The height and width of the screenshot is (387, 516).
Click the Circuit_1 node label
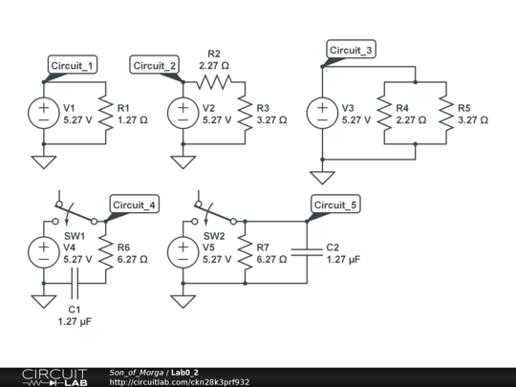(x=73, y=65)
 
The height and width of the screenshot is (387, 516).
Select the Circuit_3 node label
(x=350, y=51)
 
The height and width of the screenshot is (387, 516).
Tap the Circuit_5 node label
(x=336, y=204)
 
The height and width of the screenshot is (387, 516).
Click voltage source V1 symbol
(x=44, y=114)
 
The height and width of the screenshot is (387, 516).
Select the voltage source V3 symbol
(x=323, y=114)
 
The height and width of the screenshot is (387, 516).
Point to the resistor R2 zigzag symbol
(x=213, y=83)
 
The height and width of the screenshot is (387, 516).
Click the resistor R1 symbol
(x=106, y=114)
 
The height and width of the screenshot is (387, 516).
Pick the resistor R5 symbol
(x=446, y=114)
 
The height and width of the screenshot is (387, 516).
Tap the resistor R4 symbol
(x=385, y=114)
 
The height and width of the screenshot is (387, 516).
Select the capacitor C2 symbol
(x=307, y=252)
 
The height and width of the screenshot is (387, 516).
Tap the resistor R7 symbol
(x=246, y=252)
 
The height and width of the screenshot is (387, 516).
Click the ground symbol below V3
(x=323, y=177)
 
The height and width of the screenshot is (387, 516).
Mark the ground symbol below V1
(x=44, y=161)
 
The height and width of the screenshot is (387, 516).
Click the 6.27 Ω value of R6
(x=133, y=259)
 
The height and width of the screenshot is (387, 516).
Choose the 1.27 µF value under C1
(x=75, y=322)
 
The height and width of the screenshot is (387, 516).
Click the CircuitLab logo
(x=48, y=376)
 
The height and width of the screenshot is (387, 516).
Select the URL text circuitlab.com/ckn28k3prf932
(x=180, y=382)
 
